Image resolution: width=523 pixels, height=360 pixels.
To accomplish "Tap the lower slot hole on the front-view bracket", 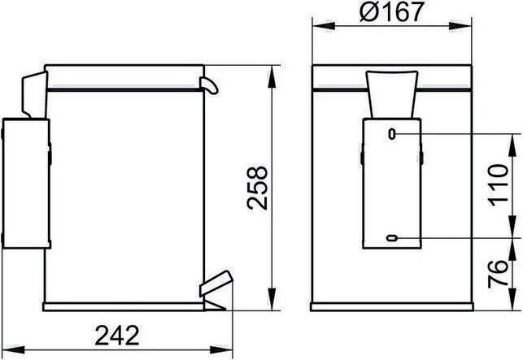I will click(x=392, y=238).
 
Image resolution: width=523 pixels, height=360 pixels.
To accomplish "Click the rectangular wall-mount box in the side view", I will click(x=27, y=183).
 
